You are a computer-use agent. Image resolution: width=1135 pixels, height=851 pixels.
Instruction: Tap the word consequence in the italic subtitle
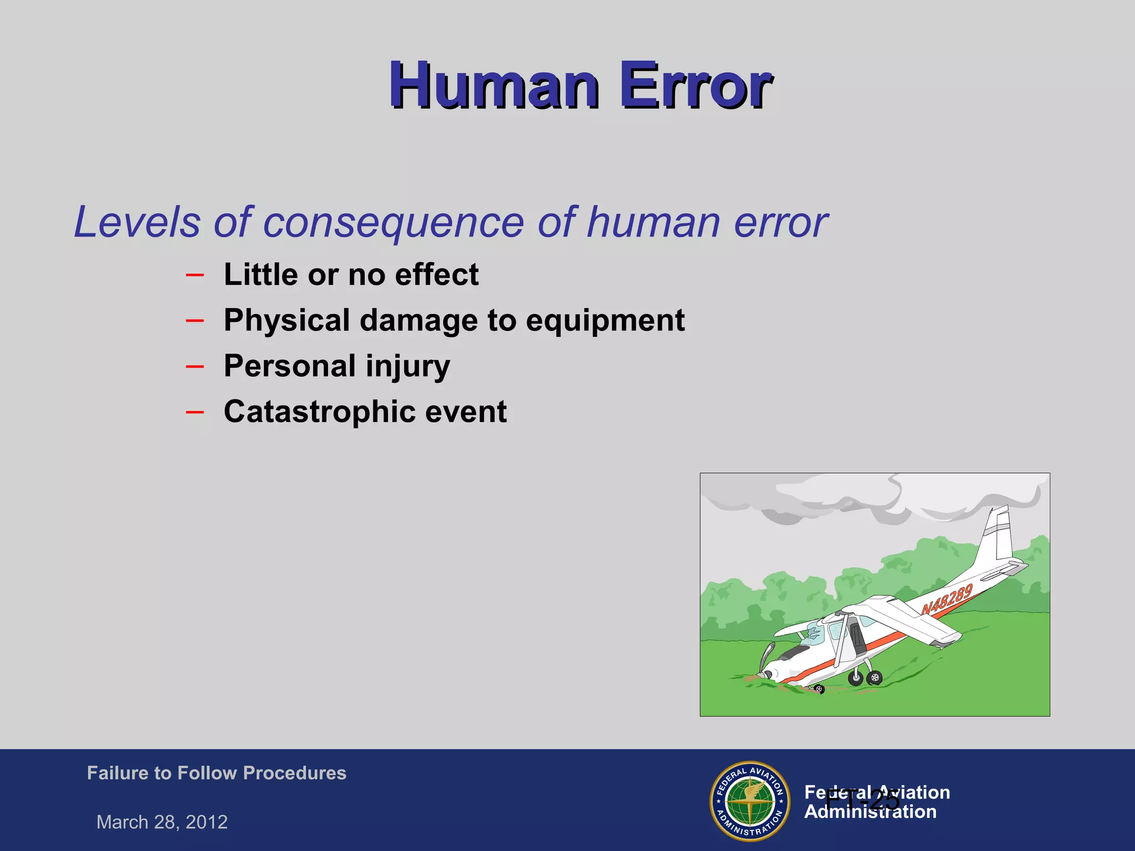393,222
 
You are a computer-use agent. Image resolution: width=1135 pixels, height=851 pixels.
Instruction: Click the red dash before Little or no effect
195,274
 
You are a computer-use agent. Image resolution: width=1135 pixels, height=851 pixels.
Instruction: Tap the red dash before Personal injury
195,366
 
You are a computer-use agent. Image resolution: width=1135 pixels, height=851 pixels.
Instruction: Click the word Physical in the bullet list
287,320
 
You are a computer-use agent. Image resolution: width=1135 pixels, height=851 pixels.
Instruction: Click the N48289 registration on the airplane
947,599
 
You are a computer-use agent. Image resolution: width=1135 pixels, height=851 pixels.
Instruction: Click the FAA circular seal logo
750,801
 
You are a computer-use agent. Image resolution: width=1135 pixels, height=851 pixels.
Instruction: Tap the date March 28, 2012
162,822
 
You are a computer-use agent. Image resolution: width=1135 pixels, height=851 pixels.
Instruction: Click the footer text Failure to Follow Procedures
216,773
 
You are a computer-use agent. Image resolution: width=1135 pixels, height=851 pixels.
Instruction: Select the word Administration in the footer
870,812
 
